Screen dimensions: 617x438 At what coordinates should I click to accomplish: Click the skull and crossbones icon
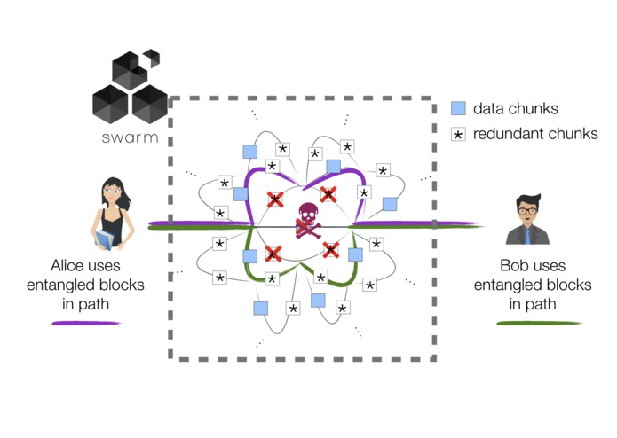pyautogui.click(x=309, y=221)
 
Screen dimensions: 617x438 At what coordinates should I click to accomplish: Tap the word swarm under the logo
pyautogui.click(x=130, y=137)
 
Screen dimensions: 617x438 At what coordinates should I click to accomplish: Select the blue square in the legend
pyautogui.click(x=458, y=108)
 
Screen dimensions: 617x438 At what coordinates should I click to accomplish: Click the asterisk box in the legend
pyautogui.click(x=458, y=135)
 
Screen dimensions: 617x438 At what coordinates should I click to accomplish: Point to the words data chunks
pyautogui.click(x=516, y=109)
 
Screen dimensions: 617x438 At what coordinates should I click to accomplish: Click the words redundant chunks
pyautogui.click(x=535, y=134)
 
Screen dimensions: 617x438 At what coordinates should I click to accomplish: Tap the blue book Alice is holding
pyautogui.click(x=105, y=239)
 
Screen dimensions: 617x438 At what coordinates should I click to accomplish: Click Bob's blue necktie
pyautogui.click(x=527, y=237)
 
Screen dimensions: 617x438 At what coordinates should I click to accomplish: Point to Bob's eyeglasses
pyautogui.click(x=527, y=211)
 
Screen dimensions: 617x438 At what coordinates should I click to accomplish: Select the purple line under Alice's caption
pyautogui.click(x=86, y=324)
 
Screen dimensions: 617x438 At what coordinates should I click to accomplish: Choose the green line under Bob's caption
pyautogui.click(x=539, y=324)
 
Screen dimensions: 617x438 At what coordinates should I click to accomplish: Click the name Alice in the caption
pyautogui.click(x=65, y=266)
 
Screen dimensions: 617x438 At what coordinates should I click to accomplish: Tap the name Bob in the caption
pyautogui.click(x=513, y=266)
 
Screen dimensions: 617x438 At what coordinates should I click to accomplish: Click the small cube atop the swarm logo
pyautogui.click(x=153, y=56)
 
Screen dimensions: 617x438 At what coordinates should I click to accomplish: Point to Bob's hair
pyautogui.click(x=528, y=200)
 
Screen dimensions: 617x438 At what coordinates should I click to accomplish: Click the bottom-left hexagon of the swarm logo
pyautogui.click(x=110, y=104)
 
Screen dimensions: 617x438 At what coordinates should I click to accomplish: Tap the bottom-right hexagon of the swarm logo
pyautogui.click(x=150, y=104)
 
